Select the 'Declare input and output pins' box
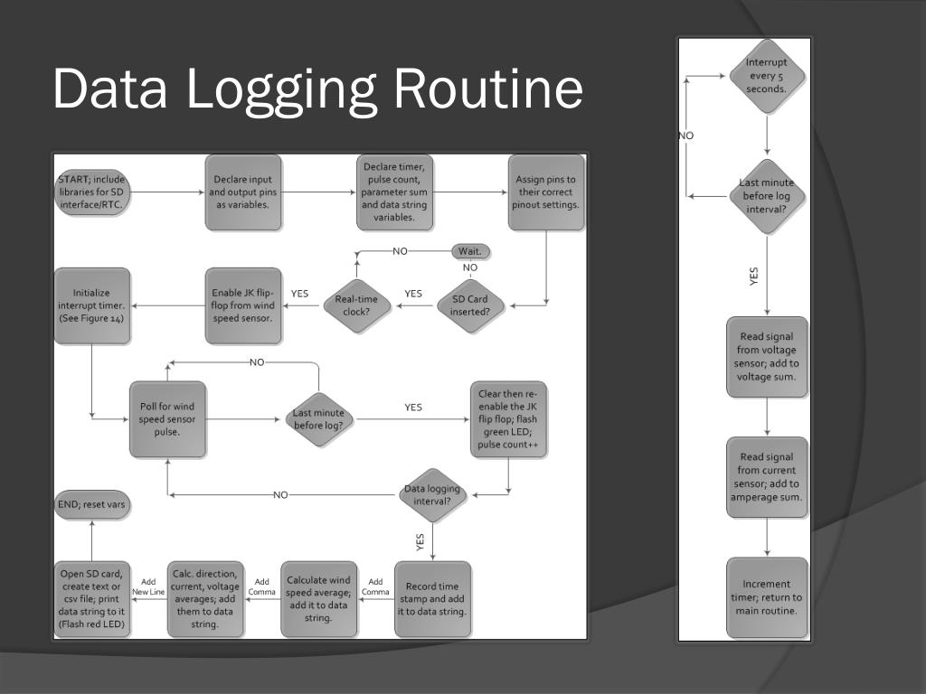(x=243, y=192)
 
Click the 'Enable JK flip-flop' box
(x=243, y=305)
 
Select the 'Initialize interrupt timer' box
(x=92, y=305)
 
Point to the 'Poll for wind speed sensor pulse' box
(x=167, y=418)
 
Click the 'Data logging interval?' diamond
(x=432, y=494)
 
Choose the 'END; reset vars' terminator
(x=91, y=505)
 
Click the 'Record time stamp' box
(x=432, y=599)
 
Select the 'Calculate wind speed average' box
(x=318, y=599)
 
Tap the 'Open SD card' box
(x=92, y=599)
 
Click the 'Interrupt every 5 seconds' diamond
(x=767, y=76)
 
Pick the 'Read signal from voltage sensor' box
(x=767, y=357)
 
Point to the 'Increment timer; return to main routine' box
(x=767, y=597)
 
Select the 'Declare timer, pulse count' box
(x=394, y=192)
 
